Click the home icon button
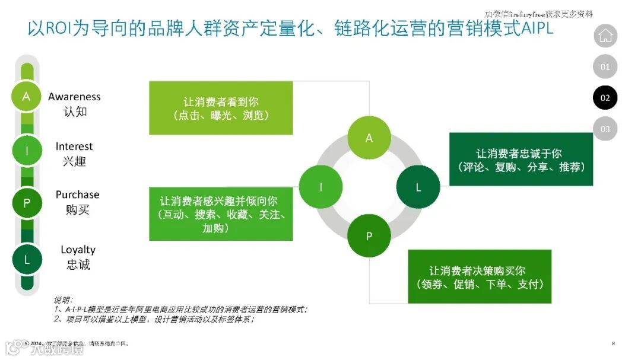pos(605,36)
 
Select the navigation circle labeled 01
pos(605,67)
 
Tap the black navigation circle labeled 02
pos(605,98)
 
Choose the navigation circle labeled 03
pos(605,129)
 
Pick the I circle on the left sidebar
pos(26,151)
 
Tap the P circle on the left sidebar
pos(26,203)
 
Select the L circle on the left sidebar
pos(26,259)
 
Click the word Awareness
pos(74,97)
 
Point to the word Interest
pos(74,146)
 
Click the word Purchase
pos(77,195)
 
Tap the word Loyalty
pos(78,250)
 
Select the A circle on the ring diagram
pos(369,138)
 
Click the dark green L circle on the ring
pos(418,187)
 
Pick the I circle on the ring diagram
pos(320,187)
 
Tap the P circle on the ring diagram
pos(369,236)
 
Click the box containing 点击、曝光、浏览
pos(221,108)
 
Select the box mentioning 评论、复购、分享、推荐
pos(521,160)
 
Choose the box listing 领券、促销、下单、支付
pos(480,276)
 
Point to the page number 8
pos(613,343)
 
